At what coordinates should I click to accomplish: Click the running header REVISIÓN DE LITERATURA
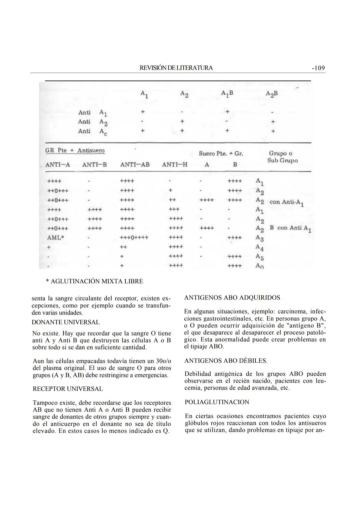(x=176, y=68)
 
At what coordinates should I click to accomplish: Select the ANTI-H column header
(x=175, y=165)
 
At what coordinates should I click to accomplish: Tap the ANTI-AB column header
(x=135, y=165)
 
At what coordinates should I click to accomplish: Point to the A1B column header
(x=227, y=94)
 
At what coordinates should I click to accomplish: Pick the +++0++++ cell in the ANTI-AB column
(x=134, y=238)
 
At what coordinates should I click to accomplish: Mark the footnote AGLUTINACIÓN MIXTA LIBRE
(x=94, y=281)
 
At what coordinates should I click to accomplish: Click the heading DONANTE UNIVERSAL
(x=65, y=322)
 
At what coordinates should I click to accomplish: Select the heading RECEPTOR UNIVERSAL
(x=68, y=389)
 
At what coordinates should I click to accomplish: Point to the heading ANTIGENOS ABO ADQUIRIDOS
(x=232, y=298)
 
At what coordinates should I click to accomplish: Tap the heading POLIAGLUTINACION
(x=217, y=402)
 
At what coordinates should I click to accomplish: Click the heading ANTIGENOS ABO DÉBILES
(x=226, y=361)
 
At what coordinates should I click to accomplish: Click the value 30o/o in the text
(x=163, y=361)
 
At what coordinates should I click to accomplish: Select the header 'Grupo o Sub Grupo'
(x=282, y=157)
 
